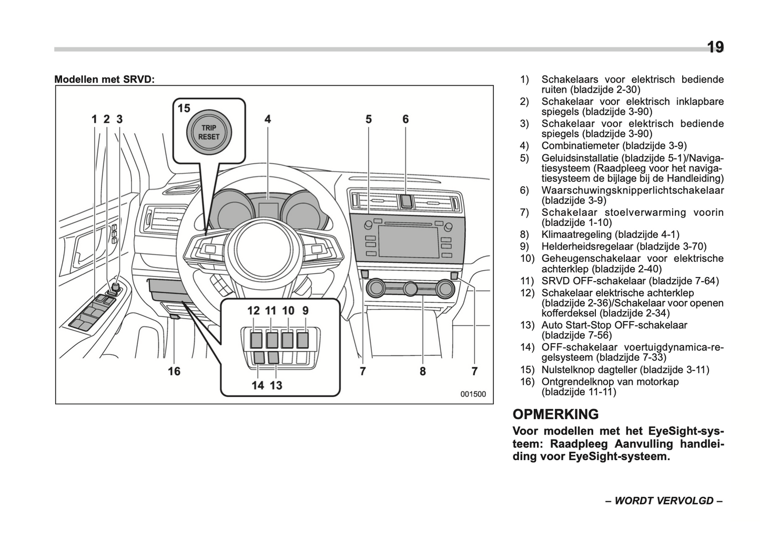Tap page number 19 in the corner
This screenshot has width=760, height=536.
click(x=715, y=47)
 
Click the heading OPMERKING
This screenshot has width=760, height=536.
click(x=555, y=414)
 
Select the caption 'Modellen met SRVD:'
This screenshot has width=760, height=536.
click(x=105, y=80)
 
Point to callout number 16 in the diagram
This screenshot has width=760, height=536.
click(x=174, y=371)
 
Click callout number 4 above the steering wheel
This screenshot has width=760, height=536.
click(x=268, y=120)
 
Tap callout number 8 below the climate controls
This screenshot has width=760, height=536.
click(x=422, y=371)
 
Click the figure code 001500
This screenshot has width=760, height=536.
click(x=473, y=394)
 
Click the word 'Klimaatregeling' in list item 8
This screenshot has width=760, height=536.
click(x=576, y=235)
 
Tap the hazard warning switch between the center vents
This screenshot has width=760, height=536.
click(x=406, y=201)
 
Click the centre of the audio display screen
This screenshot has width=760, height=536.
click(x=408, y=242)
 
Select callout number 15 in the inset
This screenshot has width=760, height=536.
click(x=184, y=108)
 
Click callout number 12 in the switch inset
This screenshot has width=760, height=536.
click(x=254, y=311)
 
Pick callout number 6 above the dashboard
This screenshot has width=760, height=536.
click(x=406, y=120)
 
